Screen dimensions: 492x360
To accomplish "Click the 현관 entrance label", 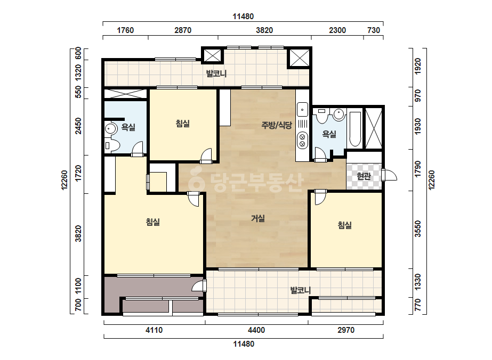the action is click(364, 176).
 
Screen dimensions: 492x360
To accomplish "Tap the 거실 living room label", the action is click(258, 218).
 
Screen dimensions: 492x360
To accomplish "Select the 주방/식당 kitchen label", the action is click(277, 126).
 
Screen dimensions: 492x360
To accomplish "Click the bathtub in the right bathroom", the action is click(355, 129).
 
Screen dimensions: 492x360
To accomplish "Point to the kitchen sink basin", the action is click(302, 110).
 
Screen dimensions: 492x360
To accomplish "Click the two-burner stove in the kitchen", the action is click(302, 140).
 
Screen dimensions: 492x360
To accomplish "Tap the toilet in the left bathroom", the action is click(112, 145).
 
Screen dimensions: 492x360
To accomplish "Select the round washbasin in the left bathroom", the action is click(110, 129).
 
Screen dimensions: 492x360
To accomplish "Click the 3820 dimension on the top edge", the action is click(264, 30).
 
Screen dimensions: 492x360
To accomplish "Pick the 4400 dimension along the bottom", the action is click(256, 330).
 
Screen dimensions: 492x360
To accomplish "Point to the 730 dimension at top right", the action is click(373, 30).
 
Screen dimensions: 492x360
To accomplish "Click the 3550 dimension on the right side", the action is click(417, 229).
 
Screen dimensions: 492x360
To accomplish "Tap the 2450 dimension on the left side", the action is click(78, 126).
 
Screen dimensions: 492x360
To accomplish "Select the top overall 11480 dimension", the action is click(243, 17).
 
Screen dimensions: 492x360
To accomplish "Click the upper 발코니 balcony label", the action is click(216, 73).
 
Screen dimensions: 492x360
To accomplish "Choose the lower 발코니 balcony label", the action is click(301, 290).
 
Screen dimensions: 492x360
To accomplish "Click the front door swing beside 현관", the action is click(390, 175).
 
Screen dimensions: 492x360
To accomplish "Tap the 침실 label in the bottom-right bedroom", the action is click(344, 225).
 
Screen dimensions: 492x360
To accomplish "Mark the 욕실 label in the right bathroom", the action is click(329, 134).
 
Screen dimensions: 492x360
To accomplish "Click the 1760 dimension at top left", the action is click(125, 30).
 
